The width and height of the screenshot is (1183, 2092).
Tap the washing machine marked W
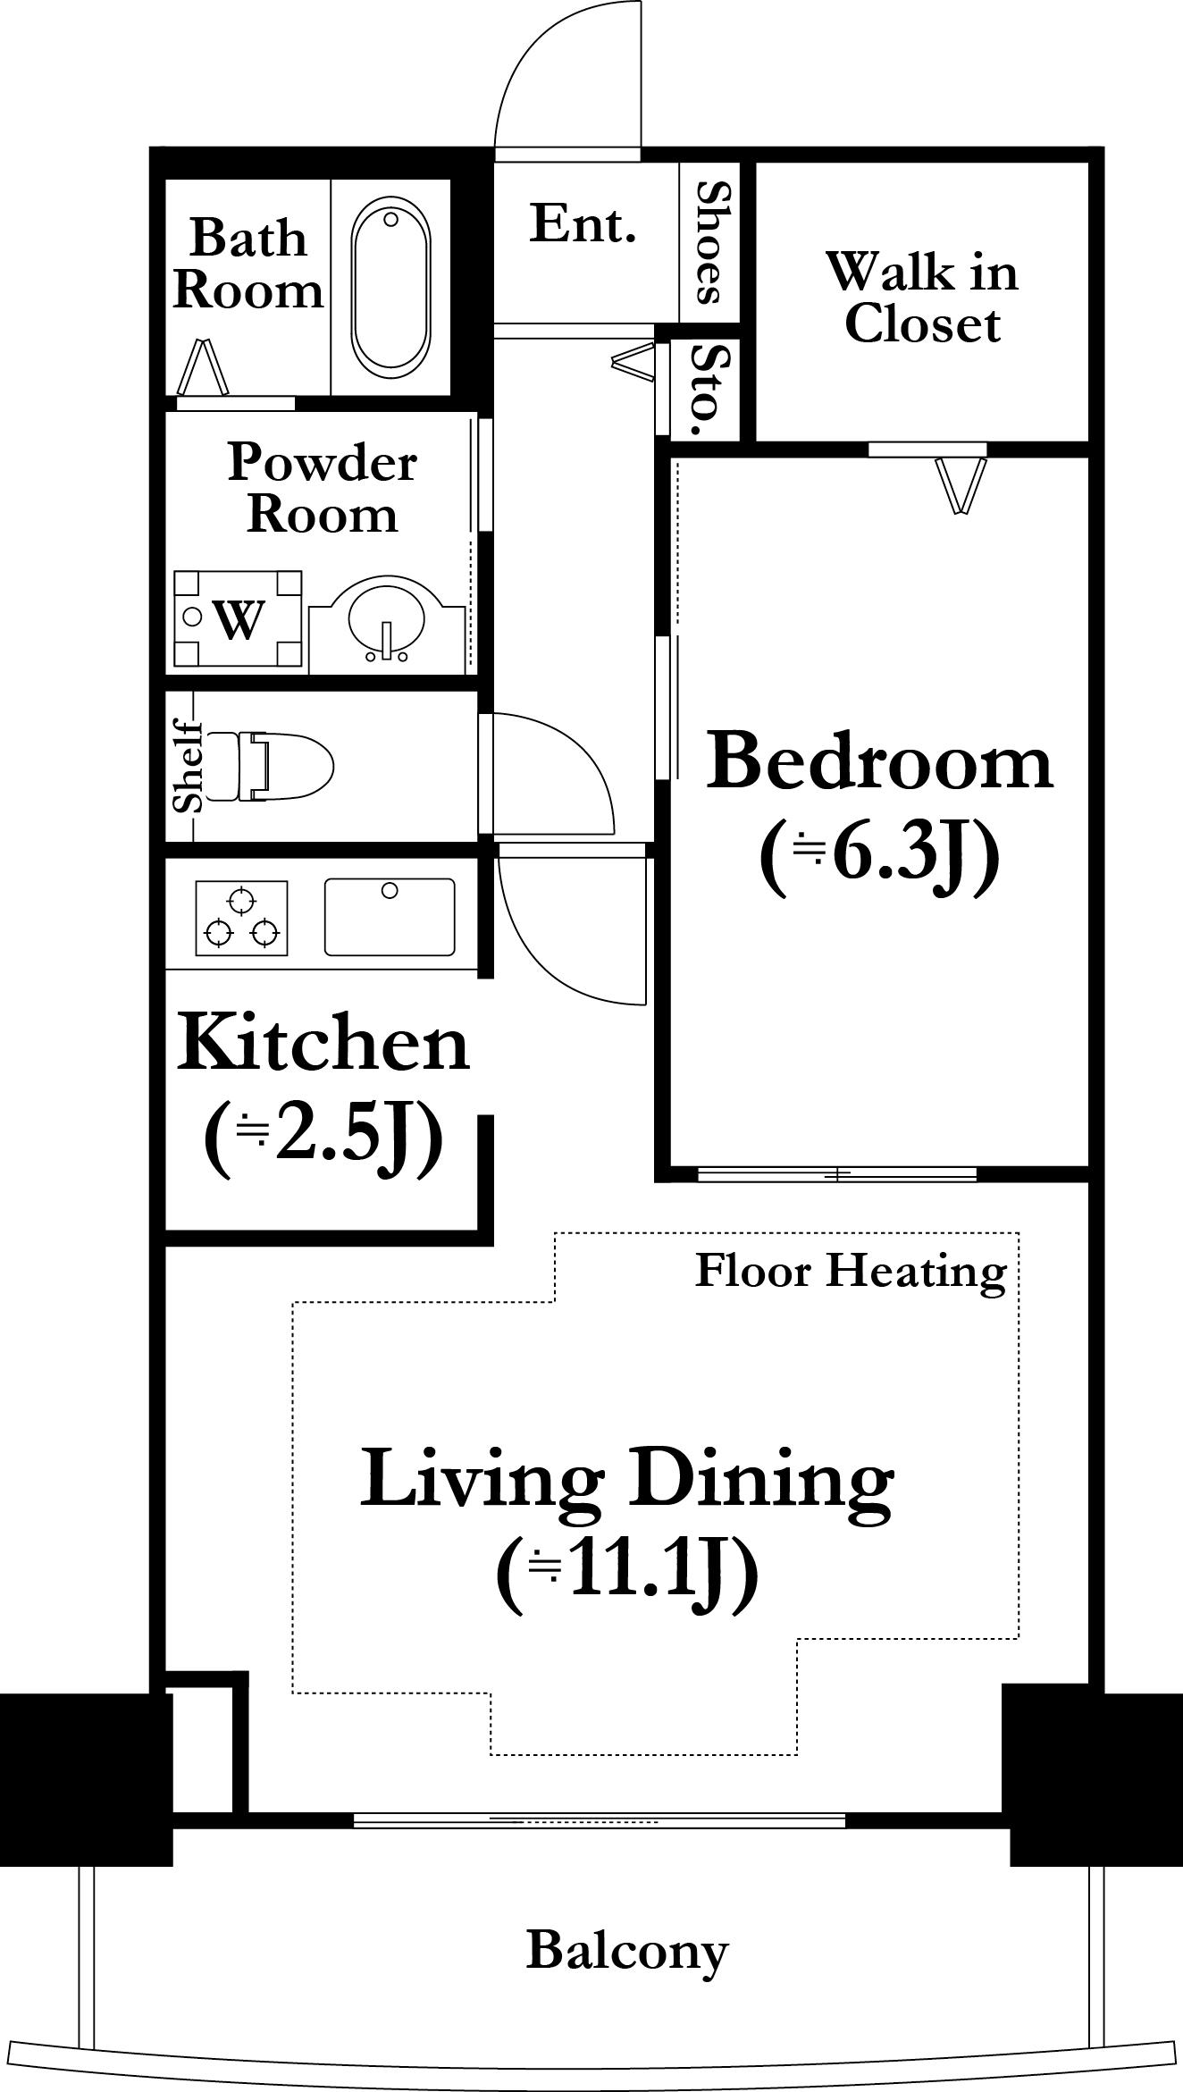point(238,619)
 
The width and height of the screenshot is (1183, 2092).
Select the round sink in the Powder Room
point(388,623)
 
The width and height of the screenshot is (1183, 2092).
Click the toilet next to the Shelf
point(269,766)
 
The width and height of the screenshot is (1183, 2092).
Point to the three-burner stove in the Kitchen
point(241,918)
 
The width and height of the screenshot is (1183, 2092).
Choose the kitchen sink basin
point(390,917)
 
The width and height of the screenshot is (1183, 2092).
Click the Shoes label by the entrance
point(712,241)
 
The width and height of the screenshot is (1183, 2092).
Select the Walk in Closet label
point(922,298)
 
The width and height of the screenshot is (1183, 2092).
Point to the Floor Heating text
point(852,1271)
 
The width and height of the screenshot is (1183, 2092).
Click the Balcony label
point(627,1950)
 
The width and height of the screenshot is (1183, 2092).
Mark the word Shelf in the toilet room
point(189,766)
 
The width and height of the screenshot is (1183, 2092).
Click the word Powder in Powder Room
point(323,463)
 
